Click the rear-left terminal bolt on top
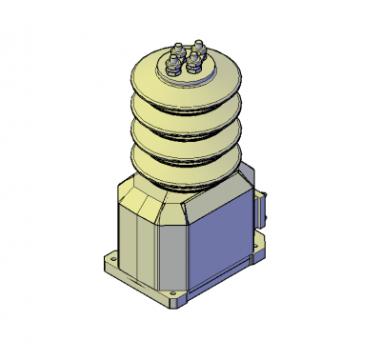pyautogui.click(x=178, y=50)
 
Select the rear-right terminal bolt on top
pyautogui.click(x=200, y=46)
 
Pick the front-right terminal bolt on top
pyautogui.click(x=195, y=62)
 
